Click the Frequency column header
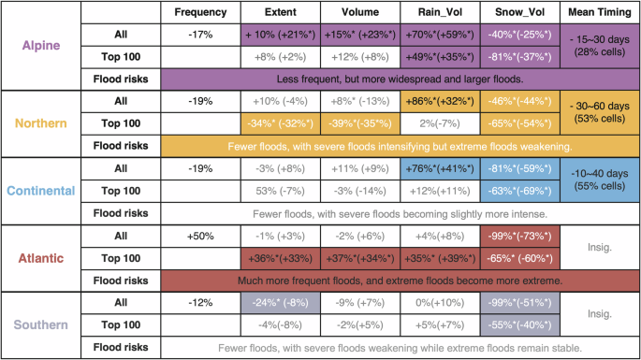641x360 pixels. coord(201,13)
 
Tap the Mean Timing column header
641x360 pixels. coord(599,13)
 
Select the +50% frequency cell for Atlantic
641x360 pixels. coord(201,236)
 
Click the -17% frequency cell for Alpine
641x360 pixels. coord(201,35)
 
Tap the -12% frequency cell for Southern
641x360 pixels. coord(201,303)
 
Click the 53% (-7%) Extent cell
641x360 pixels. coord(280,191)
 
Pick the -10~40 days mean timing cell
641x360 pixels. coord(599,180)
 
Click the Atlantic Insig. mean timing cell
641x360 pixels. coord(599,247)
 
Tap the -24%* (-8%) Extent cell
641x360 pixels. coord(280,303)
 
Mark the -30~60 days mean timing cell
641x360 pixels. coord(599,112)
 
